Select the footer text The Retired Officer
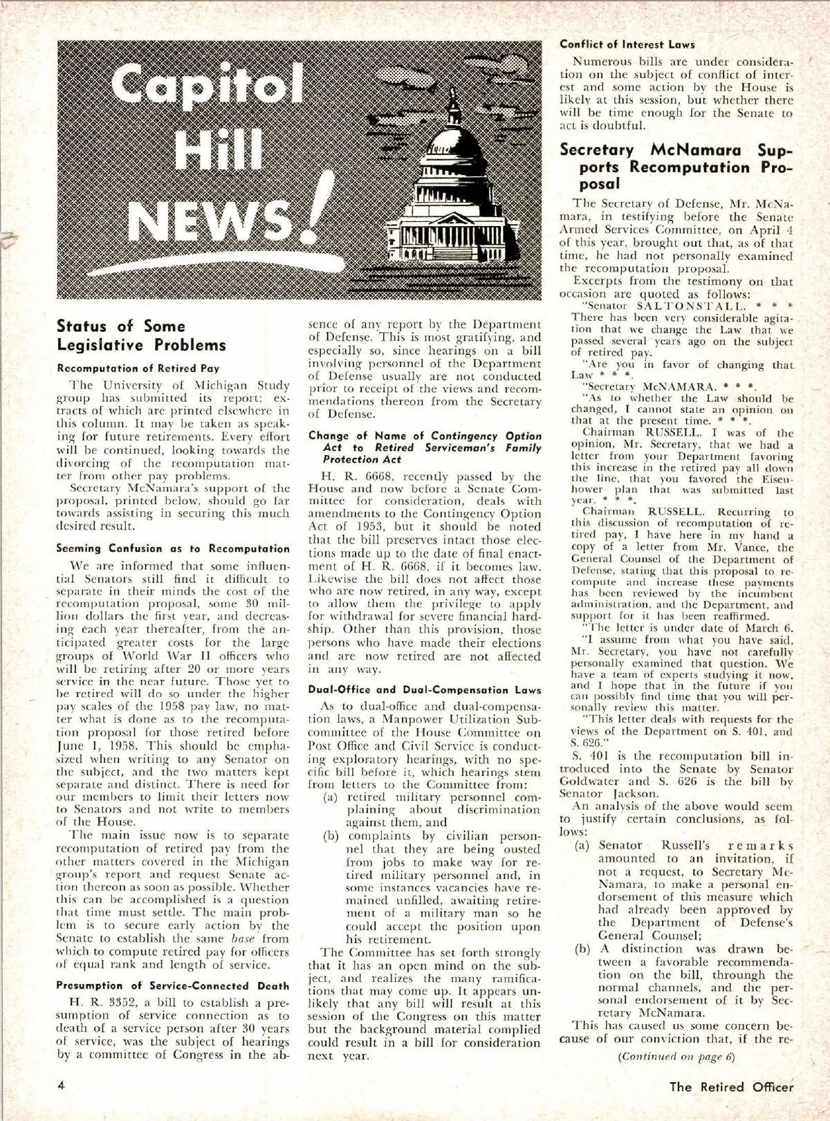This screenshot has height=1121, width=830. [731, 1086]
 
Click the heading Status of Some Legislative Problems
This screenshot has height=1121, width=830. [141, 335]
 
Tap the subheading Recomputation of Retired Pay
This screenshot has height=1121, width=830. [138, 369]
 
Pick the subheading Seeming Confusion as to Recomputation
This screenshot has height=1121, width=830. [173, 548]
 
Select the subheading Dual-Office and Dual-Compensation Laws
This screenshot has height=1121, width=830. [425, 689]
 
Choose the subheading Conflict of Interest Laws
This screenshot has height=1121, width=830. [627, 45]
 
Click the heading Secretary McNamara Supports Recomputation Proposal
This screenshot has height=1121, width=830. [675, 167]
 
